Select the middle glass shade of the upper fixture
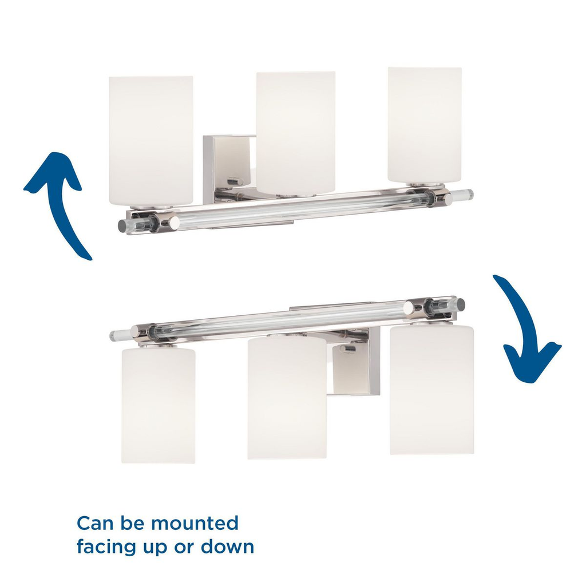296,133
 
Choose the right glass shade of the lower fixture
431,390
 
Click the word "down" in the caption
228,546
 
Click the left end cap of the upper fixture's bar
122,225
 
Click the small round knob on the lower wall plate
348,350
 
